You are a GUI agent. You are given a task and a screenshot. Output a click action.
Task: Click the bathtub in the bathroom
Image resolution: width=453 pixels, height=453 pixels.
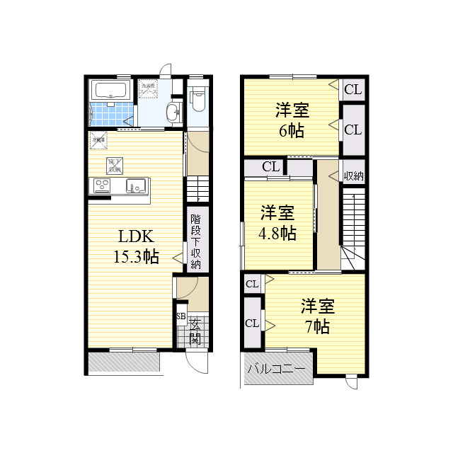pos(110,91)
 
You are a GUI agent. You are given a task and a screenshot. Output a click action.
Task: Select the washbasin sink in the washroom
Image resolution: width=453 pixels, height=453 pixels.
pos(173,113)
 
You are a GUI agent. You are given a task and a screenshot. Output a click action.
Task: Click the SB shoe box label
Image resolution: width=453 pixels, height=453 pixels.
pos(180,316)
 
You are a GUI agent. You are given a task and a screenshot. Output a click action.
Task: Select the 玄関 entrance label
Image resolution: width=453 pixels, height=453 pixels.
pos(195,331)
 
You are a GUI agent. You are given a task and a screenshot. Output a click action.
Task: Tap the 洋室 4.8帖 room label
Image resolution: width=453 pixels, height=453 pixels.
pos(277,223)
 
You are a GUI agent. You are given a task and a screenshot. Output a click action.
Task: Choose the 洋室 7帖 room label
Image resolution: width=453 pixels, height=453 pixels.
pos(317,316)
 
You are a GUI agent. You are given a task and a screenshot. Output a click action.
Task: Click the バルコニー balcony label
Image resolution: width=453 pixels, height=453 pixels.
pos(277,369)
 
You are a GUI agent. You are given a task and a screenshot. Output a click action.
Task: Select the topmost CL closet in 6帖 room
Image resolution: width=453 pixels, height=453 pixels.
pos(353,89)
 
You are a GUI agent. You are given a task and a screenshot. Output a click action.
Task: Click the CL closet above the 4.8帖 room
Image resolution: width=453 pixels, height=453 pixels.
pos(270,167)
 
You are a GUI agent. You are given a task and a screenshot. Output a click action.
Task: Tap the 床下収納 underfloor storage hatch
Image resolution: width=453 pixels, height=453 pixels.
pos(114,166)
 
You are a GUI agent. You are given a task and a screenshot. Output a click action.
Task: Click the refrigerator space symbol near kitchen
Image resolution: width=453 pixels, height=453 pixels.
pos(98,140)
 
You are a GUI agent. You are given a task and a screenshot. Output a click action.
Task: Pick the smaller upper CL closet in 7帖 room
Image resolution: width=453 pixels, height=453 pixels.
pos(251,285)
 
